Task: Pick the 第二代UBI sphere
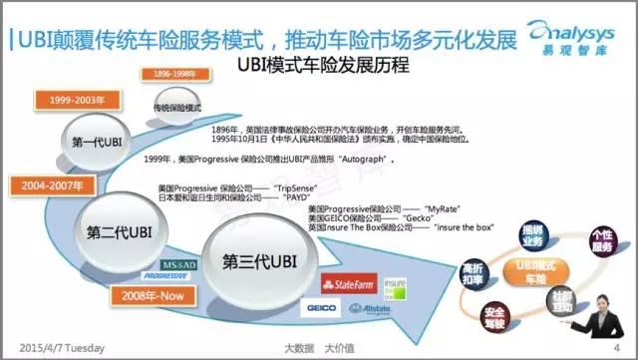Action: point(120,231)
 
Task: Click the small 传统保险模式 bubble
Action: point(177,107)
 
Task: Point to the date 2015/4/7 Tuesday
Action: point(63,346)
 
